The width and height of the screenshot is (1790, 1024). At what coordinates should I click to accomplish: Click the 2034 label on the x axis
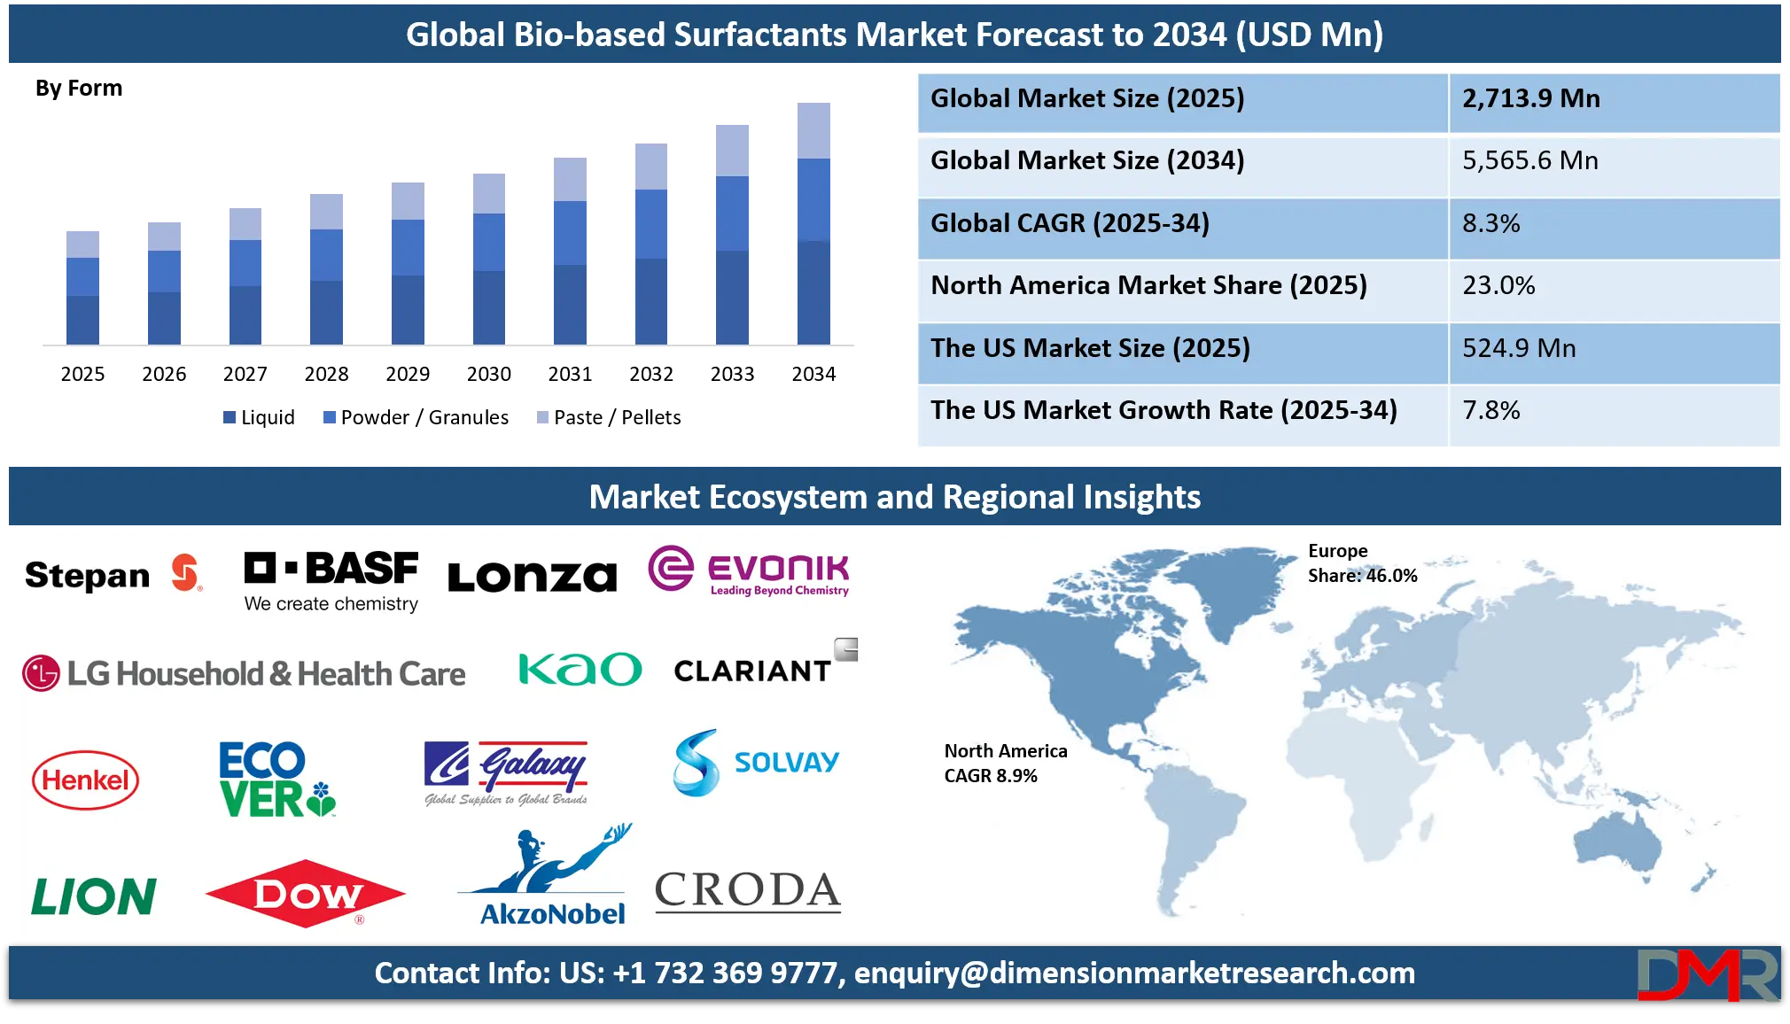point(813,374)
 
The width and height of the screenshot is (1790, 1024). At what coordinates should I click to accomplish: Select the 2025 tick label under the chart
point(82,374)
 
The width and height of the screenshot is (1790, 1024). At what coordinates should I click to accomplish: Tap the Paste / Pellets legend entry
point(609,417)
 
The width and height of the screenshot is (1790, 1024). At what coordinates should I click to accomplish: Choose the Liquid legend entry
point(259,417)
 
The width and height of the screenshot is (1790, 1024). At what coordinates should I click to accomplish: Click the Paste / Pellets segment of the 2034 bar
point(813,130)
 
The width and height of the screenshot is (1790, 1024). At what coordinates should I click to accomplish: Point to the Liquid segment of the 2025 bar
point(82,320)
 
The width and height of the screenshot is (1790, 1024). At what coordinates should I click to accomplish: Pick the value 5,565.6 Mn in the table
point(1530,160)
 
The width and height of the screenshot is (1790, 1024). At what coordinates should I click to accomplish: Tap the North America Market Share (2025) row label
point(1148,285)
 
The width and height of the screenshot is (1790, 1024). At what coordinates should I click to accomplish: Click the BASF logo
point(331,581)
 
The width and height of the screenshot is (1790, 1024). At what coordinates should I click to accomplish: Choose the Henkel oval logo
point(86,780)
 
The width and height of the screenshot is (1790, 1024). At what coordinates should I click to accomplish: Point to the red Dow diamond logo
point(306,893)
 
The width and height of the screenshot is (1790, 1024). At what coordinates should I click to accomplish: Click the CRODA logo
point(748,890)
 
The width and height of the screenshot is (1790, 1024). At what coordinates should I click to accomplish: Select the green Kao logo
point(580,670)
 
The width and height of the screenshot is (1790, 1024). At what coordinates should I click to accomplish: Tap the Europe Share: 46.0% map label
point(1362,563)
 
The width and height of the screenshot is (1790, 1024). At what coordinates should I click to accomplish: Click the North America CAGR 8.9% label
point(1006,764)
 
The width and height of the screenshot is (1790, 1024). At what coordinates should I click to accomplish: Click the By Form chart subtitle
point(79,89)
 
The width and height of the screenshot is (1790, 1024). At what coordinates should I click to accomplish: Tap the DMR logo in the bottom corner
point(1708,974)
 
